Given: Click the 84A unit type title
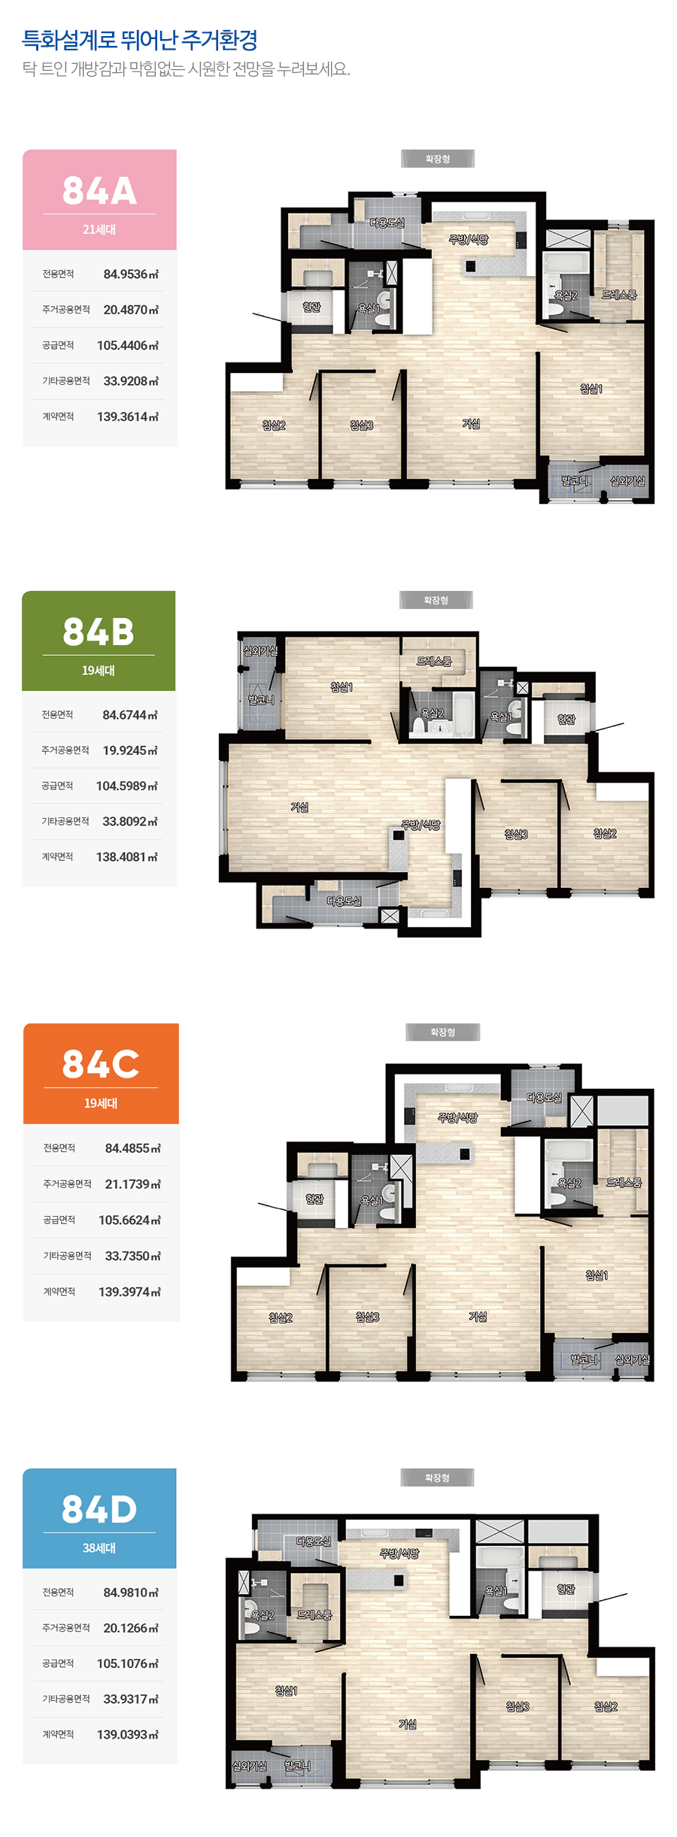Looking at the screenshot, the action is (x=99, y=190).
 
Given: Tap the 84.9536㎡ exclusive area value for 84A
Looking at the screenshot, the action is (x=131, y=274).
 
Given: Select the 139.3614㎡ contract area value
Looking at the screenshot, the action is (x=128, y=417).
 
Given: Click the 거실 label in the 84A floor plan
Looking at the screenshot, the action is (x=471, y=424).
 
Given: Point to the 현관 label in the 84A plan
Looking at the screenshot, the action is (x=311, y=307).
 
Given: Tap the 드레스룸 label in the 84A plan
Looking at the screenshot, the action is (x=619, y=295).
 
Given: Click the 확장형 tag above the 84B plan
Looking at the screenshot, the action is (x=436, y=600).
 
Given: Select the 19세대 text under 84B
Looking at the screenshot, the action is (x=99, y=671).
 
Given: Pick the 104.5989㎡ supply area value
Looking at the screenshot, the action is (x=127, y=787).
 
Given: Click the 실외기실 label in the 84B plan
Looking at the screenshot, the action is (x=260, y=651).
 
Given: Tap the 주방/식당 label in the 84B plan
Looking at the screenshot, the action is (x=420, y=825).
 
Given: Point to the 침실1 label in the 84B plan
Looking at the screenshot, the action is (x=342, y=687).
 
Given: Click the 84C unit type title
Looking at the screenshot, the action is (x=101, y=1064).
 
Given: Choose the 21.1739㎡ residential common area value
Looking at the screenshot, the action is (x=132, y=1184).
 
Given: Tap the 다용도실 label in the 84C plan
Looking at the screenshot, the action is (x=544, y=1098).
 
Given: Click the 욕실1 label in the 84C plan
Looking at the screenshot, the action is (x=372, y=1201).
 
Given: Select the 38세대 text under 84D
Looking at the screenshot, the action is (x=99, y=1548).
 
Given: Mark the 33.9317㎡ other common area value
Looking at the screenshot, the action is (x=131, y=1699).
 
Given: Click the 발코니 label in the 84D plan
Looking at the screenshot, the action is (x=297, y=1766).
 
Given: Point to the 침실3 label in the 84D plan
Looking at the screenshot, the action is (x=518, y=1707).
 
